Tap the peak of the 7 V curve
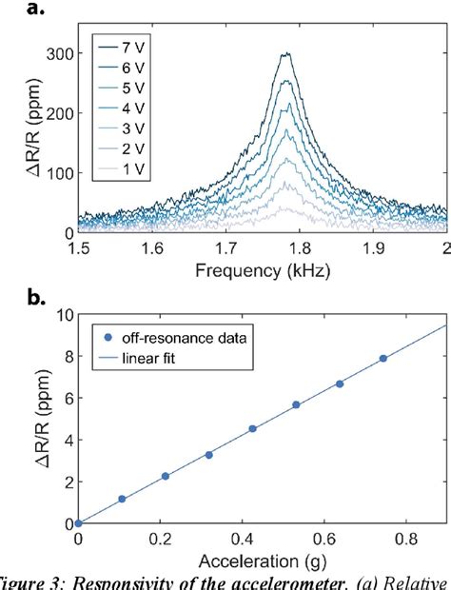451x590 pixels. click(285, 54)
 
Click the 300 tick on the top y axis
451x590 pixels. click(61, 55)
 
